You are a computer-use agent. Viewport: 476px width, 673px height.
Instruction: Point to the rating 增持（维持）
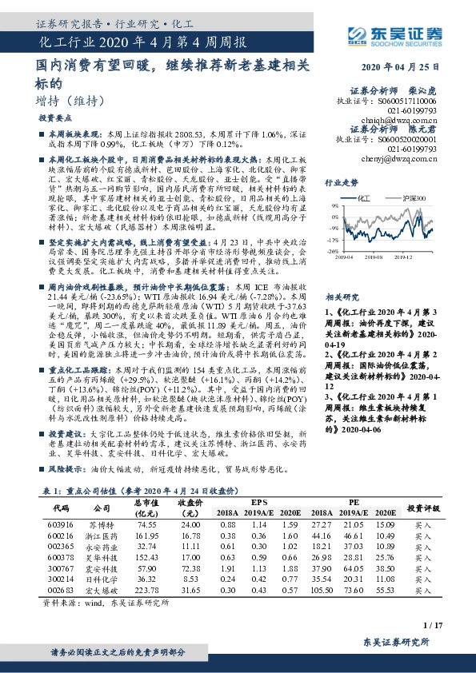72,101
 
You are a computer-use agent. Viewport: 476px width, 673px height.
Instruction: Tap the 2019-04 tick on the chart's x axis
344,257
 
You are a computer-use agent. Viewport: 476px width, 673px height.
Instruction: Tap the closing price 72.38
190,566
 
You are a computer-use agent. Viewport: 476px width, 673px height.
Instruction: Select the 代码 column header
61,508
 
